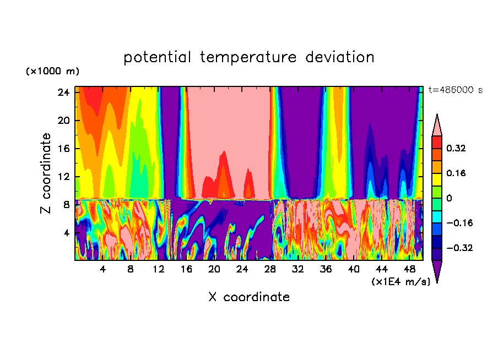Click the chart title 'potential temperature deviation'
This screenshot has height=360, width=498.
click(249, 57)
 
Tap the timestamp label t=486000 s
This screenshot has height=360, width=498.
click(455, 90)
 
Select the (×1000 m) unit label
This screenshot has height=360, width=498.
click(52, 72)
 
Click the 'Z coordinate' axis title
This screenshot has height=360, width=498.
click(46, 173)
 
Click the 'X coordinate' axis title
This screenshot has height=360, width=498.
click(249, 297)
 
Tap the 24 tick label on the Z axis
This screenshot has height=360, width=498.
click(64, 92)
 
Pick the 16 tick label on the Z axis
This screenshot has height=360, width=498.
click(64, 149)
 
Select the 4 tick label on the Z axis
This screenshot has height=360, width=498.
click(67, 233)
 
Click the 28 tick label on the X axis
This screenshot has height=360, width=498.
click(270, 269)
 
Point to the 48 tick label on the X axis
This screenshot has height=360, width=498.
click(409, 269)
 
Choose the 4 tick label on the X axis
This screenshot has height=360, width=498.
click(102, 269)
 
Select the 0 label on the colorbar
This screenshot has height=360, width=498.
click(448, 198)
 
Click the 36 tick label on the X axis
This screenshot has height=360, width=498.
click(326, 269)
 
